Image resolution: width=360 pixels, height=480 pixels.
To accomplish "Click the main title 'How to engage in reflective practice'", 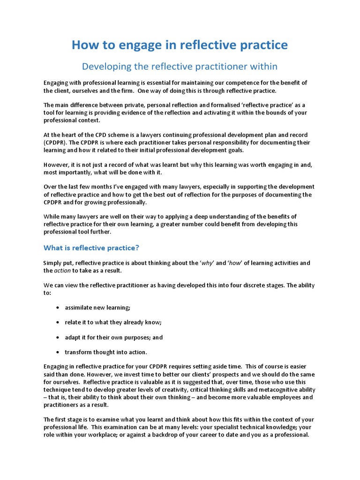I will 180,45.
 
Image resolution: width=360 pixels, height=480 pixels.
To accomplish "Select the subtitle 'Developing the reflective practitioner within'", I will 180,67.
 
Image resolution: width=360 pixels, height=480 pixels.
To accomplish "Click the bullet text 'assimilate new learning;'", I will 97,307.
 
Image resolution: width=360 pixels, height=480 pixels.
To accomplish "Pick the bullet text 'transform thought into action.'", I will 106,352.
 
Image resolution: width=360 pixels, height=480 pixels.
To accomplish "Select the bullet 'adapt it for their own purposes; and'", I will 114,337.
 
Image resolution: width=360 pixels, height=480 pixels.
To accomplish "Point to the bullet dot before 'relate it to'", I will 57,322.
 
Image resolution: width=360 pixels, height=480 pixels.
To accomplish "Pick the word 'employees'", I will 266,397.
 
